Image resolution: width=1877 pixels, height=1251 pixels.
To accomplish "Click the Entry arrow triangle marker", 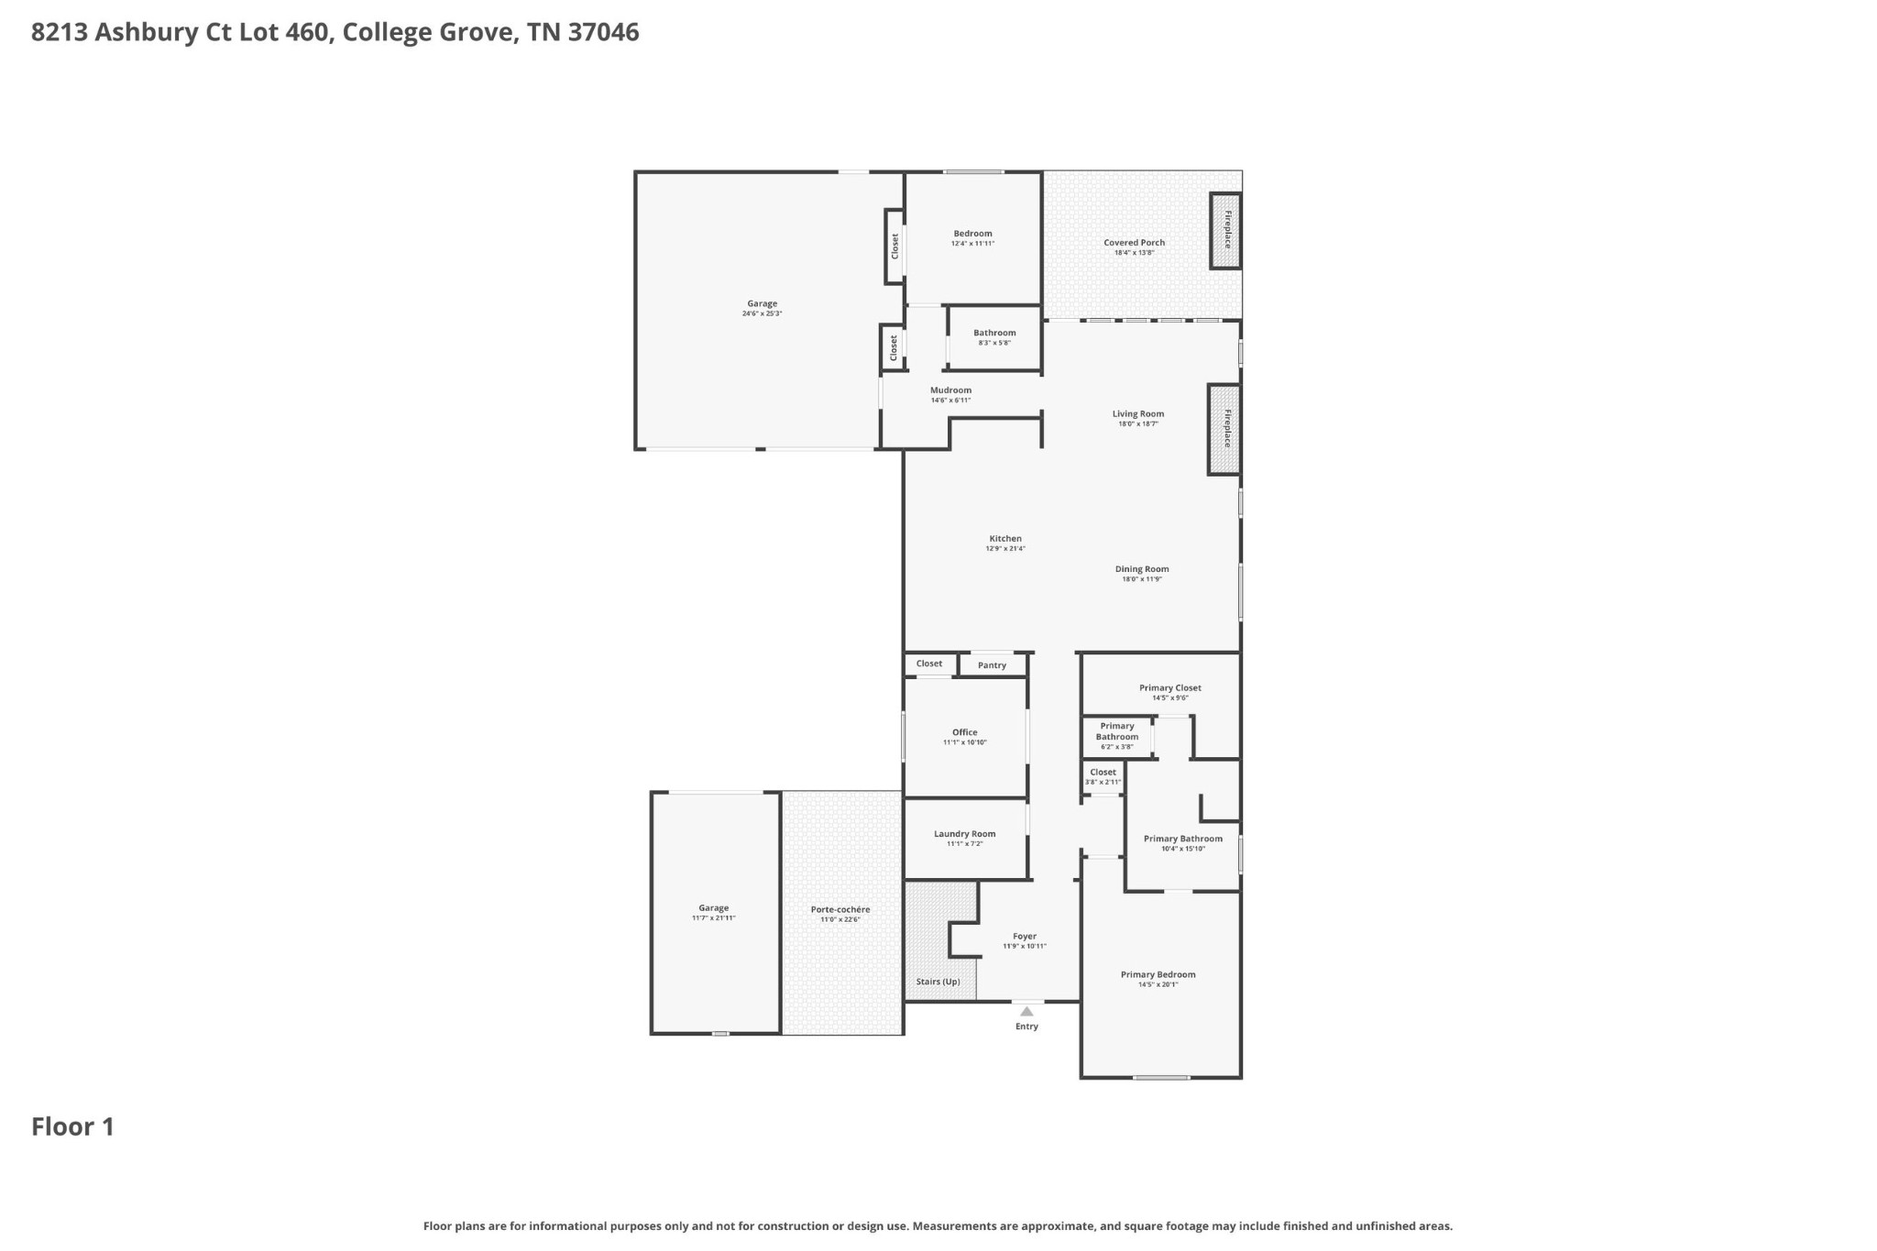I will coord(1026,1012).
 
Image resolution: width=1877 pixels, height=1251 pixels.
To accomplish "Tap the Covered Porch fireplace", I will coord(1226,230).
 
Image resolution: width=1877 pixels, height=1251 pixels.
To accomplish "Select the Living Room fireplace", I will coord(1224,429).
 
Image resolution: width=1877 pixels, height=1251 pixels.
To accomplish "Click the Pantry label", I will coord(992,665).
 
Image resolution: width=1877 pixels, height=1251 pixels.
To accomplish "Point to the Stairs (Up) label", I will coord(938,982).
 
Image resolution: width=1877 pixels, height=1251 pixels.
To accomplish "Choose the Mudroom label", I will coord(950,390).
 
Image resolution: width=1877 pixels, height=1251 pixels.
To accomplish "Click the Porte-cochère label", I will coord(840,909).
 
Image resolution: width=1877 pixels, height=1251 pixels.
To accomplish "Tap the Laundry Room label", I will coord(964,834).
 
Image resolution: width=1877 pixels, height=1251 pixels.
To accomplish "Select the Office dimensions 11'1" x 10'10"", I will coord(964,742).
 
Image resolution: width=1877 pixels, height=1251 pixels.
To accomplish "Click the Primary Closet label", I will coord(1169,687).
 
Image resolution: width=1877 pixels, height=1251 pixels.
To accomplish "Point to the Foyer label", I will coord(1025,937).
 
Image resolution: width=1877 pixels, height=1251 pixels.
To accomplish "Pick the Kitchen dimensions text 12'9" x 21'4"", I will coord(1005,549).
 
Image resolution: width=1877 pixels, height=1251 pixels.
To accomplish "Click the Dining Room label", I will coord(1142,569).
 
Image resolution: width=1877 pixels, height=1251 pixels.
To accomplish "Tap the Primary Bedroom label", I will coord(1158,974).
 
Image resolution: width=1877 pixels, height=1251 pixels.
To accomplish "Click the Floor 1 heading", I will coord(72,1126).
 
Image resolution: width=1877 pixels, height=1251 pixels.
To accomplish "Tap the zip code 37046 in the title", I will coord(603,32).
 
